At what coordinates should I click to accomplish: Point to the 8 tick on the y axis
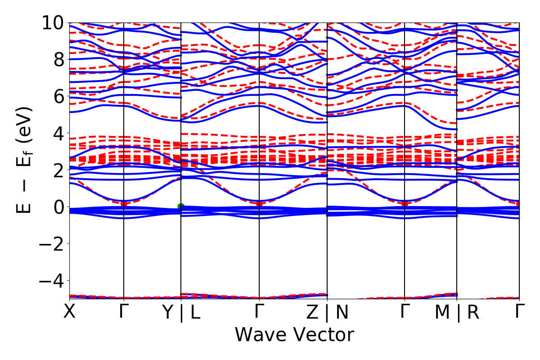click(58, 59)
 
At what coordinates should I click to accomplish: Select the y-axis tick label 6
click(58, 96)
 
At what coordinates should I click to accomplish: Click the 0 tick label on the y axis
click(58, 207)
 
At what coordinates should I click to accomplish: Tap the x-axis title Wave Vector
click(294, 335)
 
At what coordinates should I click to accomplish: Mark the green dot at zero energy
click(181, 207)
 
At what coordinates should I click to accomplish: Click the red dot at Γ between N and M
click(405, 204)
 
